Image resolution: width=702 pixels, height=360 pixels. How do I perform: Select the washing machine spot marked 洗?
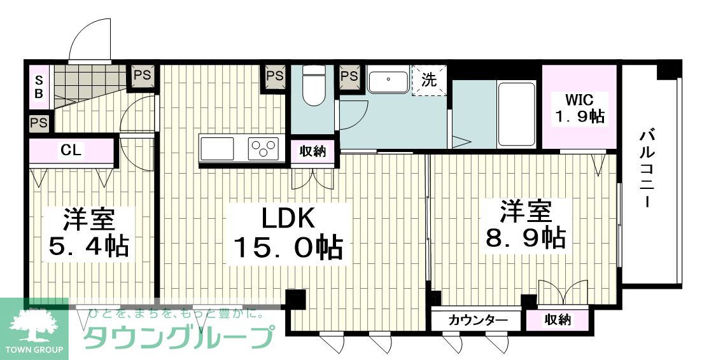(x=430, y=81)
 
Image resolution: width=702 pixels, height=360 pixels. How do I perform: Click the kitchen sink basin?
(x=218, y=149)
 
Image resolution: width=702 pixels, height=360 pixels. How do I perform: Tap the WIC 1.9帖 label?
(x=579, y=108)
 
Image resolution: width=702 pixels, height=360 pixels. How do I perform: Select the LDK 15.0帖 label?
(x=288, y=233)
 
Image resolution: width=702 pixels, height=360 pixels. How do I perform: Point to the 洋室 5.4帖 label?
(x=88, y=233)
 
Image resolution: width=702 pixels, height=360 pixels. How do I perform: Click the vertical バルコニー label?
(x=648, y=168)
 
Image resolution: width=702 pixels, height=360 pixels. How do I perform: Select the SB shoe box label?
(x=39, y=87)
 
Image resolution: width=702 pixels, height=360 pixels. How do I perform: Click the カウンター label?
(x=477, y=320)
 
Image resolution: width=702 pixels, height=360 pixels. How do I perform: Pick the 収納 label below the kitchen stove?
(x=312, y=151)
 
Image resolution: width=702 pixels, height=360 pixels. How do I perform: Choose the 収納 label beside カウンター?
(x=557, y=320)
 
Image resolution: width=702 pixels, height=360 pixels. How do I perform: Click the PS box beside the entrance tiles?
(x=142, y=75)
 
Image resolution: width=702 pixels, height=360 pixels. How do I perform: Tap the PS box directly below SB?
(x=39, y=122)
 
